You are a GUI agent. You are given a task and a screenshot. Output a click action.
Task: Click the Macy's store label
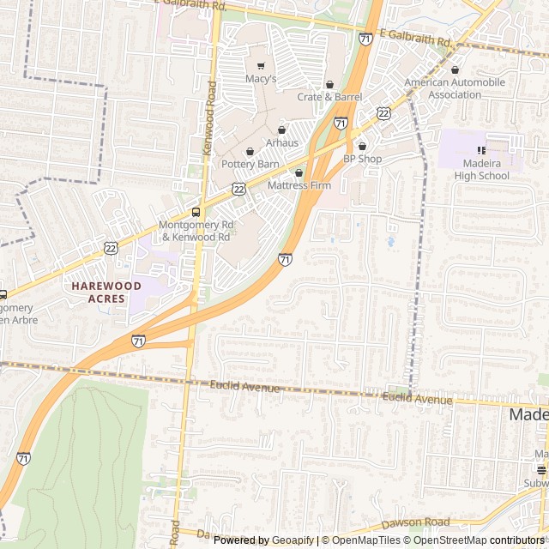pyautogui.click(x=261, y=79)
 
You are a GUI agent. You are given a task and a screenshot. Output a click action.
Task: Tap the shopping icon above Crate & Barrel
pyautogui.click(x=330, y=84)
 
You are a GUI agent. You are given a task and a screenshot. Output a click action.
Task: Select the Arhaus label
pyautogui.click(x=281, y=142)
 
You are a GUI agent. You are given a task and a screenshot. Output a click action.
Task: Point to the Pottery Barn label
pyautogui.click(x=250, y=164)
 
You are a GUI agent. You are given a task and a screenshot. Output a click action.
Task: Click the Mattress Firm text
pyautogui.click(x=299, y=185)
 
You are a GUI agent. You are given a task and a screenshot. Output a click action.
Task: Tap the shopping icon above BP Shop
pyautogui.click(x=362, y=146)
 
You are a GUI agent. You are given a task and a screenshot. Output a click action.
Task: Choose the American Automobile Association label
pyautogui.click(x=455, y=88)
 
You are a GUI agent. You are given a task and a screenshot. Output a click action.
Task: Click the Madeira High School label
pyautogui.click(x=481, y=170)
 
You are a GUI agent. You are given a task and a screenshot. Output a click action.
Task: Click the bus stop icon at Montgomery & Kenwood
pyautogui.click(x=196, y=212)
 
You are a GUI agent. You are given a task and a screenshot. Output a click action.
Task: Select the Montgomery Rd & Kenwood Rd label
pyautogui.click(x=195, y=231)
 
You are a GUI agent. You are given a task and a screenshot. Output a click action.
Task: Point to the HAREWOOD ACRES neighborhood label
pyautogui.click(x=106, y=292)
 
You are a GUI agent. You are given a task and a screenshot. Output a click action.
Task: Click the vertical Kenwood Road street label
pyautogui.click(x=209, y=118)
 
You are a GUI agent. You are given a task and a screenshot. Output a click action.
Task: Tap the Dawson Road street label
pyautogui.click(x=416, y=522)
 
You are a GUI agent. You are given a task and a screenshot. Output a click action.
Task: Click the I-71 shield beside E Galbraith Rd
pyautogui.click(x=366, y=39)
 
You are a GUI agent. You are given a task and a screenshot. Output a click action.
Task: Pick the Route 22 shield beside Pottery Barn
pyautogui.click(x=238, y=188)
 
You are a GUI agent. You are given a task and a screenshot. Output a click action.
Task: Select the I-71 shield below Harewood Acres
pyautogui.click(x=138, y=341)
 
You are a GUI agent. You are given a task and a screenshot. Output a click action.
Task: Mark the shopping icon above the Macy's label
pyautogui.click(x=261, y=65)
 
